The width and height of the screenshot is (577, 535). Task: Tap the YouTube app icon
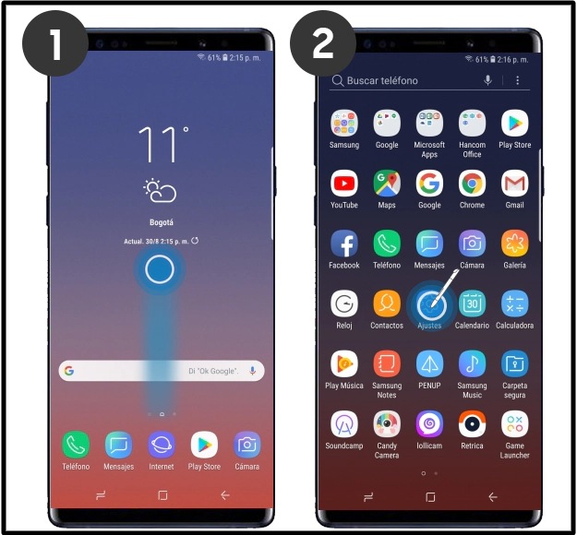[x=344, y=184]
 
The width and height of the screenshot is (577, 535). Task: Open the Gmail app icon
[x=514, y=184]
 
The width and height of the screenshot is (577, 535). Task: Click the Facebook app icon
[x=344, y=244]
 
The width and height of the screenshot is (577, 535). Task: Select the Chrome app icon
[x=472, y=184]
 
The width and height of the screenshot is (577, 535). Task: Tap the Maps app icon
[x=387, y=184]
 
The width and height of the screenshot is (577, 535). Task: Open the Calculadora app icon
[x=514, y=303]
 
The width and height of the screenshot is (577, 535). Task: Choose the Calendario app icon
[x=472, y=303]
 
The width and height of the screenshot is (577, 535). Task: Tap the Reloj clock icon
[x=344, y=303]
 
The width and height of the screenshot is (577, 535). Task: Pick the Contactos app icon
[x=387, y=303]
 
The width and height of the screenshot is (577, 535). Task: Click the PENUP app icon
[x=429, y=364]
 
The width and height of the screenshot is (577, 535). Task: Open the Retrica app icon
[x=472, y=424]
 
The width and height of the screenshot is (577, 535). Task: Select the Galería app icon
[x=514, y=244]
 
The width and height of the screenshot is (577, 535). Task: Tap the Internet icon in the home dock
[x=162, y=445]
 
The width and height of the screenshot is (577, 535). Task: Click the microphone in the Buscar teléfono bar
[x=488, y=80]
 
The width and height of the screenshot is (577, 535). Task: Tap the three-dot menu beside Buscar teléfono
[x=517, y=80]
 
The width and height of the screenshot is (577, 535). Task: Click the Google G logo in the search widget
[x=69, y=371]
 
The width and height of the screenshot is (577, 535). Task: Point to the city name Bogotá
[x=162, y=222]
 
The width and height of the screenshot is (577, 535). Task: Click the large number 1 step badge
[x=55, y=43]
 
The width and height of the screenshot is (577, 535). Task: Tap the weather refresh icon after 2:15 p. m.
[x=195, y=241]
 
